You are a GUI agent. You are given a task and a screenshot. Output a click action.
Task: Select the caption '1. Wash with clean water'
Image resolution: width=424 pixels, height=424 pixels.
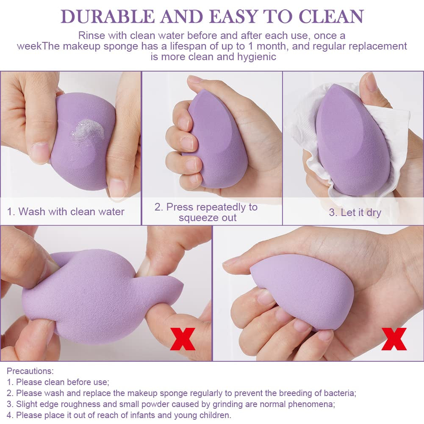click(x=66, y=211)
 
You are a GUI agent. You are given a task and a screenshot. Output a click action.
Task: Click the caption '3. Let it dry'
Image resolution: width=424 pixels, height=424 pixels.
click(x=355, y=213)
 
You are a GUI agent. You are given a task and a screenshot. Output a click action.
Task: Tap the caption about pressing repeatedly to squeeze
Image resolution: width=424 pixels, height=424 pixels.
click(x=206, y=212)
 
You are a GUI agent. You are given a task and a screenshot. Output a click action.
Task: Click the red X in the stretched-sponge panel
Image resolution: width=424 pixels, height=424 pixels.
click(x=183, y=339)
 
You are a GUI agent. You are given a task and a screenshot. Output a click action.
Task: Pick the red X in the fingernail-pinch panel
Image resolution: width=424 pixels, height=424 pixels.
click(x=394, y=339)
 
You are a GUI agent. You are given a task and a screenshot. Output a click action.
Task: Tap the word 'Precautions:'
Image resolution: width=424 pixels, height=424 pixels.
click(x=30, y=371)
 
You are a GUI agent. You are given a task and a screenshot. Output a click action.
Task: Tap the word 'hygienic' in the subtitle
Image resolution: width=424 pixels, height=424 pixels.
click(x=257, y=56)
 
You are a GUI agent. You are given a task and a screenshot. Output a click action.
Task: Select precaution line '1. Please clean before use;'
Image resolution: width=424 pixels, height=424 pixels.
click(x=58, y=382)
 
